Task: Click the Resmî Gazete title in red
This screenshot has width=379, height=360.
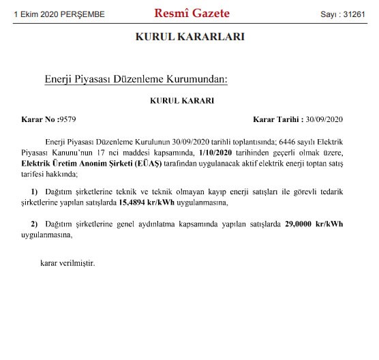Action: [x=192, y=14]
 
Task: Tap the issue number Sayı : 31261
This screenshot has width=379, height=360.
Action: [x=344, y=14]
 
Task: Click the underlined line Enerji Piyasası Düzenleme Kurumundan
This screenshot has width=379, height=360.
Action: [x=135, y=80]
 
